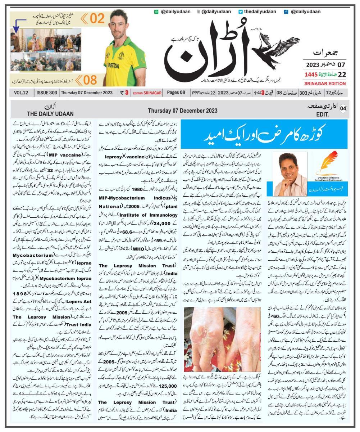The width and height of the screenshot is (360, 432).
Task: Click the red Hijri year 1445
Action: [x=312, y=75]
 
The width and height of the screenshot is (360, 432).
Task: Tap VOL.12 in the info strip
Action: [x=21, y=93]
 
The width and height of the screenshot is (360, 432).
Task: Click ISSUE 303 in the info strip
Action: [x=47, y=93]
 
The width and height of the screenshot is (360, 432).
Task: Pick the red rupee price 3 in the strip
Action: [x=127, y=93]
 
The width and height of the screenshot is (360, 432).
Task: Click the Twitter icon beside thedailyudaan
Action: [x=241, y=12]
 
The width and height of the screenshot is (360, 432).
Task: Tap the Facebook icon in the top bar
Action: [x=286, y=12]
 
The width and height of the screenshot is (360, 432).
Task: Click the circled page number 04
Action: [x=343, y=109]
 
